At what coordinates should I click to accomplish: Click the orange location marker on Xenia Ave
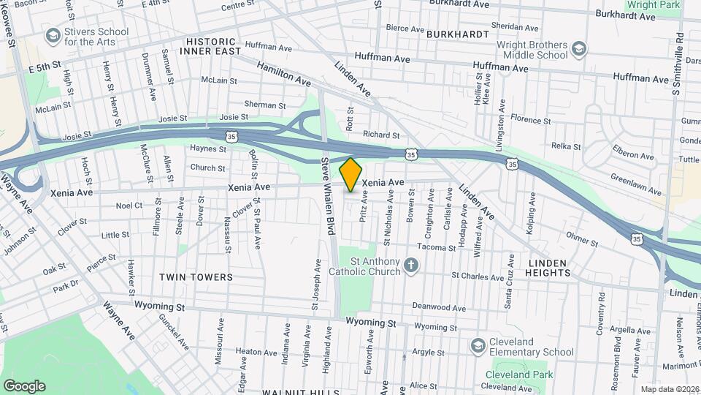point(350,175)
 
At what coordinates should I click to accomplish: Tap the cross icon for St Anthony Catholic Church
point(411,265)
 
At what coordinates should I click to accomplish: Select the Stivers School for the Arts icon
point(53,35)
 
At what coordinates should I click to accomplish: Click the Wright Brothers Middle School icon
point(579,49)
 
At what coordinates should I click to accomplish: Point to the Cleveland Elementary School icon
point(478,345)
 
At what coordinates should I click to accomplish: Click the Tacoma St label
point(437,248)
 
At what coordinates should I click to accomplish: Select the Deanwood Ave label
point(439,308)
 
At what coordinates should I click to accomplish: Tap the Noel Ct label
point(129,206)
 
